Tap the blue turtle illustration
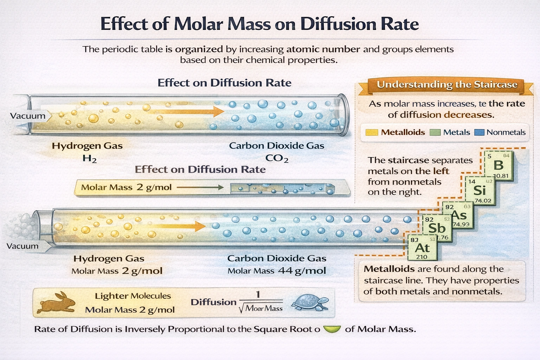point(310,303)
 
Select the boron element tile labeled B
point(499,165)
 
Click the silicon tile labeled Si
point(480,190)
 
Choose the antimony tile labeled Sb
point(436,228)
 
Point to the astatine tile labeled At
point(422,248)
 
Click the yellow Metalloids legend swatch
point(372,133)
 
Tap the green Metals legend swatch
point(435,133)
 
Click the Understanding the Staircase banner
point(446,85)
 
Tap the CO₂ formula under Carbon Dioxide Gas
point(277,159)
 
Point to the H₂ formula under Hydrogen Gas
point(90,159)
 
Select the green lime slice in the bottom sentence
point(332,329)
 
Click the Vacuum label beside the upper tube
point(28,116)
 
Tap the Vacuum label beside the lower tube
point(22,246)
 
